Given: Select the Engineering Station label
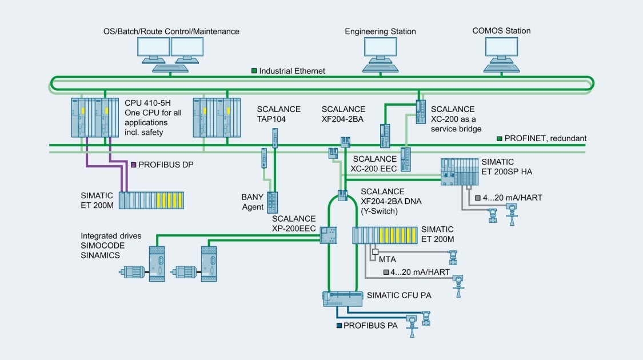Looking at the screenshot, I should click(380, 31).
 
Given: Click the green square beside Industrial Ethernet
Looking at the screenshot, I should click(254, 71).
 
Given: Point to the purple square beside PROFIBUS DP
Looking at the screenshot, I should click(133, 165).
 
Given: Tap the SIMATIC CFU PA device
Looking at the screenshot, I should click(343, 298).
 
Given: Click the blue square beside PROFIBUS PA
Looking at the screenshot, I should click(339, 326).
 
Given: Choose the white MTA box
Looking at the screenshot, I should click(375, 251).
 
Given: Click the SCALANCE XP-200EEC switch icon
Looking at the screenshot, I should click(329, 234).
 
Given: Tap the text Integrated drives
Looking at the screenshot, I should click(110, 235).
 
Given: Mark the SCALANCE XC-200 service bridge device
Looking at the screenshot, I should click(420, 107).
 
